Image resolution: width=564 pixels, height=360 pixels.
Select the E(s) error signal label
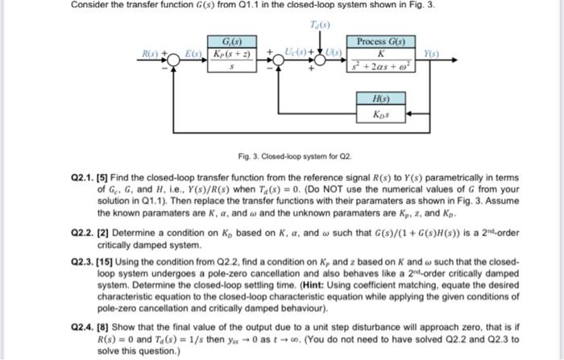point(193,52)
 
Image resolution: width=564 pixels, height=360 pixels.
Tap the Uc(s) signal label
point(283,52)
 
